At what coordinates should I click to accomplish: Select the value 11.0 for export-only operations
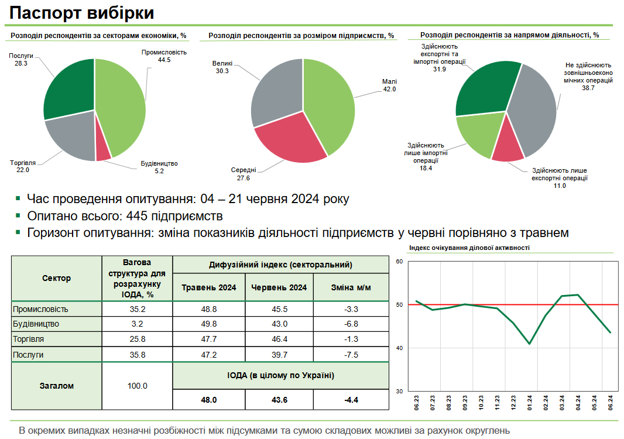pyautogui.click(x=560, y=186)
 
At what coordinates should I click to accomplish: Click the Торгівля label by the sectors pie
pyautogui.click(x=23, y=162)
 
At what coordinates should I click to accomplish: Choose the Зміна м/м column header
pyautogui.click(x=351, y=287)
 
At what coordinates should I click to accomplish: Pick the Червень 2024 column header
pyautogui.click(x=279, y=287)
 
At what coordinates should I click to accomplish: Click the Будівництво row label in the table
pyautogui.click(x=36, y=324)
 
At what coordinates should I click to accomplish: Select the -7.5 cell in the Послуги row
pyautogui.click(x=351, y=355)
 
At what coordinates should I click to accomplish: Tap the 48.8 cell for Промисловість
pyautogui.click(x=209, y=308)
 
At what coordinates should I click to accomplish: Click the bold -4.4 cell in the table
pyautogui.click(x=351, y=400)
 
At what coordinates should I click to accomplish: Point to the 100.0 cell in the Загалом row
pyautogui.click(x=138, y=386)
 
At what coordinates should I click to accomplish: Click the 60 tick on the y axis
pyautogui.click(x=400, y=262)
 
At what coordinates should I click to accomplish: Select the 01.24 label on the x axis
pyautogui.click(x=529, y=402)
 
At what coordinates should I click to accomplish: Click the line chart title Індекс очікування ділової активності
pyautogui.click(x=470, y=248)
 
